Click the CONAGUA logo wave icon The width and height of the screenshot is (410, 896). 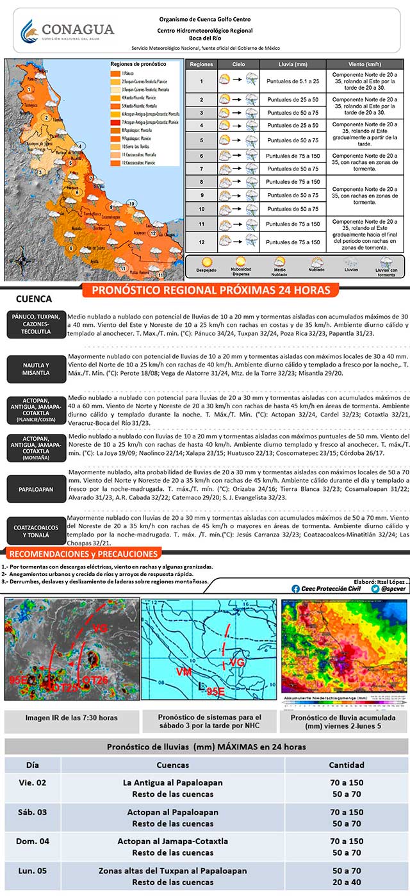click(x=29, y=29)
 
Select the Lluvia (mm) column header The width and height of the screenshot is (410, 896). click(x=292, y=65)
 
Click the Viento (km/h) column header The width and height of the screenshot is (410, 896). click(x=365, y=65)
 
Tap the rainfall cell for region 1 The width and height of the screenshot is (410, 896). click(x=292, y=81)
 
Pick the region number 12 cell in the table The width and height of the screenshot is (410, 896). click(x=201, y=242)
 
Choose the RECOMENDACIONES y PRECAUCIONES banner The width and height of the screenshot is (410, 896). click(x=81, y=554)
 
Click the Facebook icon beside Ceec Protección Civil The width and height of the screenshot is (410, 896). click(x=295, y=588)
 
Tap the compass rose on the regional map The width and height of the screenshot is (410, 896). click(x=19, y=261)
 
